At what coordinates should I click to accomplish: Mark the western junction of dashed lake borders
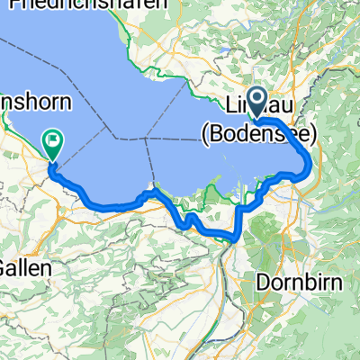(x=146, y=139)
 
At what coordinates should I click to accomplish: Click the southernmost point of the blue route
(x=232, y=239)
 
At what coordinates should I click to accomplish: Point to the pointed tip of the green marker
(x=51, y=160)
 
